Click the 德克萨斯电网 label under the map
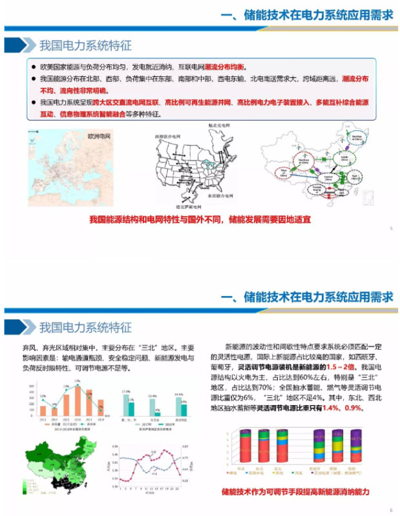(x=182, y=206)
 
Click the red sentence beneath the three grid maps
(x=200, y=220)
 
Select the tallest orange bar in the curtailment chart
(x=78, y=401)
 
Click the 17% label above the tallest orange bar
(x=78, y=381)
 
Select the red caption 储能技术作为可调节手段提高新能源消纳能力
(x=295, y=492)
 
